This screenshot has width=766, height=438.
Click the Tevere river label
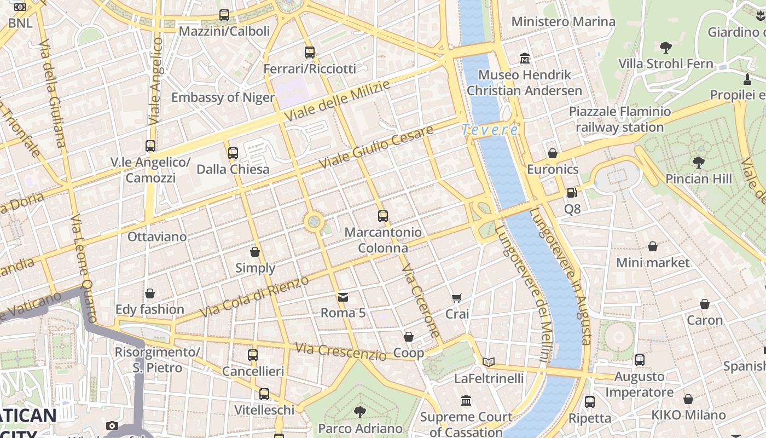(x=490, y=130)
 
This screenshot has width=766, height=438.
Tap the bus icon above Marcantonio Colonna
(x=383, y=216)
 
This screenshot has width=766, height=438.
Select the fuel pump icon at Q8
(x=572, y=193)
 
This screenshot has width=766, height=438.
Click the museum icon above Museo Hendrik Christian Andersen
(x=525, y=58)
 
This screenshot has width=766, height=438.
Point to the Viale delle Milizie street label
(x=337, y=101)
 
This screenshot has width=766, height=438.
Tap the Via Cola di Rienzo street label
(x=254, y=297)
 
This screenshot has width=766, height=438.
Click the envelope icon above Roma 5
(x=343, y=297)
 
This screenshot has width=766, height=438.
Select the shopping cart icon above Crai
(x=457, y=298)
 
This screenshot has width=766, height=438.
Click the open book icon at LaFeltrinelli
(x=489, y=362)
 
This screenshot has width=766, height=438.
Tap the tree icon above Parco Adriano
(x=360, y=412)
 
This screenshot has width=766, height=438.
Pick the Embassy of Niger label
(x=223, y=97)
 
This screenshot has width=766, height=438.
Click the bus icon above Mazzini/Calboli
(x=224, y=15)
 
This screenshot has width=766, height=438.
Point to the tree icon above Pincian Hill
(x=698, y=162)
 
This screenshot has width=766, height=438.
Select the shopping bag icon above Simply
(x=255, y=252)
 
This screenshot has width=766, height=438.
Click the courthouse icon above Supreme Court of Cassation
(x=466, y=401)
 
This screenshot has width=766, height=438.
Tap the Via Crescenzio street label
(x=340, y=351)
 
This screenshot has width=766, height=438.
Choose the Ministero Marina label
(x=563, y=22)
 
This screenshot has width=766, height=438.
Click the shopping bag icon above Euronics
(x=553, y=153)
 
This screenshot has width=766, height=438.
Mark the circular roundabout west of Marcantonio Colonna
(x=314, y=221)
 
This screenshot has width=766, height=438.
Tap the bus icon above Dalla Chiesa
(x=233, y=153)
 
